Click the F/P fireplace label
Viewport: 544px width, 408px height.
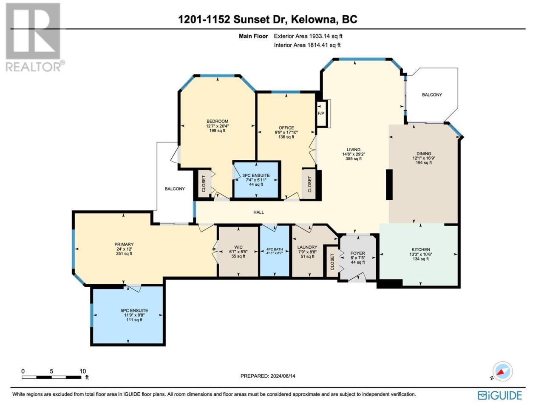(x=321, y=113)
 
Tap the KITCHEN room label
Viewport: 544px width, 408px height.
(x=421, y=249)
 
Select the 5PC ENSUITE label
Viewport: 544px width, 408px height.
(x=134, y=310)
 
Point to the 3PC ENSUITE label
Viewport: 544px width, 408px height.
(x=256, y=176)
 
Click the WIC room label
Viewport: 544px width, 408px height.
(x=238, y=247)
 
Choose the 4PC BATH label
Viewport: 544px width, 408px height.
(x=275, y=249)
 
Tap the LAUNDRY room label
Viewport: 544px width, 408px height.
(x=307, y=247)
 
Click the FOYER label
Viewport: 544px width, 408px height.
(x=357, y=253)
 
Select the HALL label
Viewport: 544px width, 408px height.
(x=258, y=212)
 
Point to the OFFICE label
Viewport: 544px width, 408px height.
(x=286, y=127)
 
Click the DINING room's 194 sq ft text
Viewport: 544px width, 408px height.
(x=424, y=162)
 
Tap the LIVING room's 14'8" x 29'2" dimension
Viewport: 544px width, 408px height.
(x=354, y=154)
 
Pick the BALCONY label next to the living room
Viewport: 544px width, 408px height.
(x=432, y=95)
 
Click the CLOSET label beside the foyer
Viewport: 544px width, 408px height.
(x=332, y=262)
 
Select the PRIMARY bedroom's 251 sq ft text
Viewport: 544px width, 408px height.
(x=124, y=253)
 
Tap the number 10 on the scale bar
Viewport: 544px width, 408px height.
(x=82, y=371)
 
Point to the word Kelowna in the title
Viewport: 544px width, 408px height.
(x=312, y=19)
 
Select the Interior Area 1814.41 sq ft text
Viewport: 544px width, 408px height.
(x=307, y=45)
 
